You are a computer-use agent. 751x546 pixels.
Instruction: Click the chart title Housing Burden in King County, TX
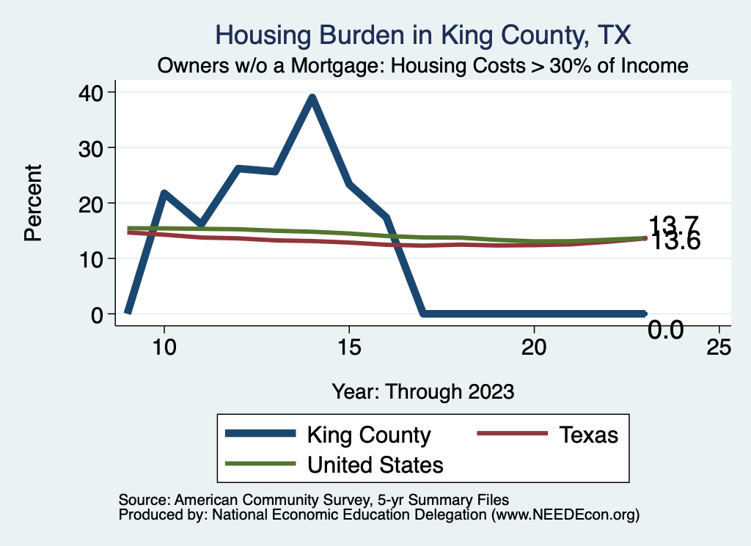(423, 34)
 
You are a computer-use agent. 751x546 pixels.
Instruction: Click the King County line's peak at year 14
(312, 97)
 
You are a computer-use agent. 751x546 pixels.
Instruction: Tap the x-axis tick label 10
(164, 348)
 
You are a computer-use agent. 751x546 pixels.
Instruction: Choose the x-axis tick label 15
(349, 348)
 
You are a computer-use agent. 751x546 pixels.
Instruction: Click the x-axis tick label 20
(534, 348)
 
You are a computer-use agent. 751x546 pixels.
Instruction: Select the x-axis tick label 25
(719, 348)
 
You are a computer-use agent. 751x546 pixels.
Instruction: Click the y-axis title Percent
(32, 203)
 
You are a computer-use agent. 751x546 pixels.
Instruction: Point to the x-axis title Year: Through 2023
(423, 391)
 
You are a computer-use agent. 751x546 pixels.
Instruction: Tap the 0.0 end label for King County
(666, 331)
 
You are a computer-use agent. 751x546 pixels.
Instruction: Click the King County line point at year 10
(164, 193)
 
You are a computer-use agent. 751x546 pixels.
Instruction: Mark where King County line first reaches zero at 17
(423, 314)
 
